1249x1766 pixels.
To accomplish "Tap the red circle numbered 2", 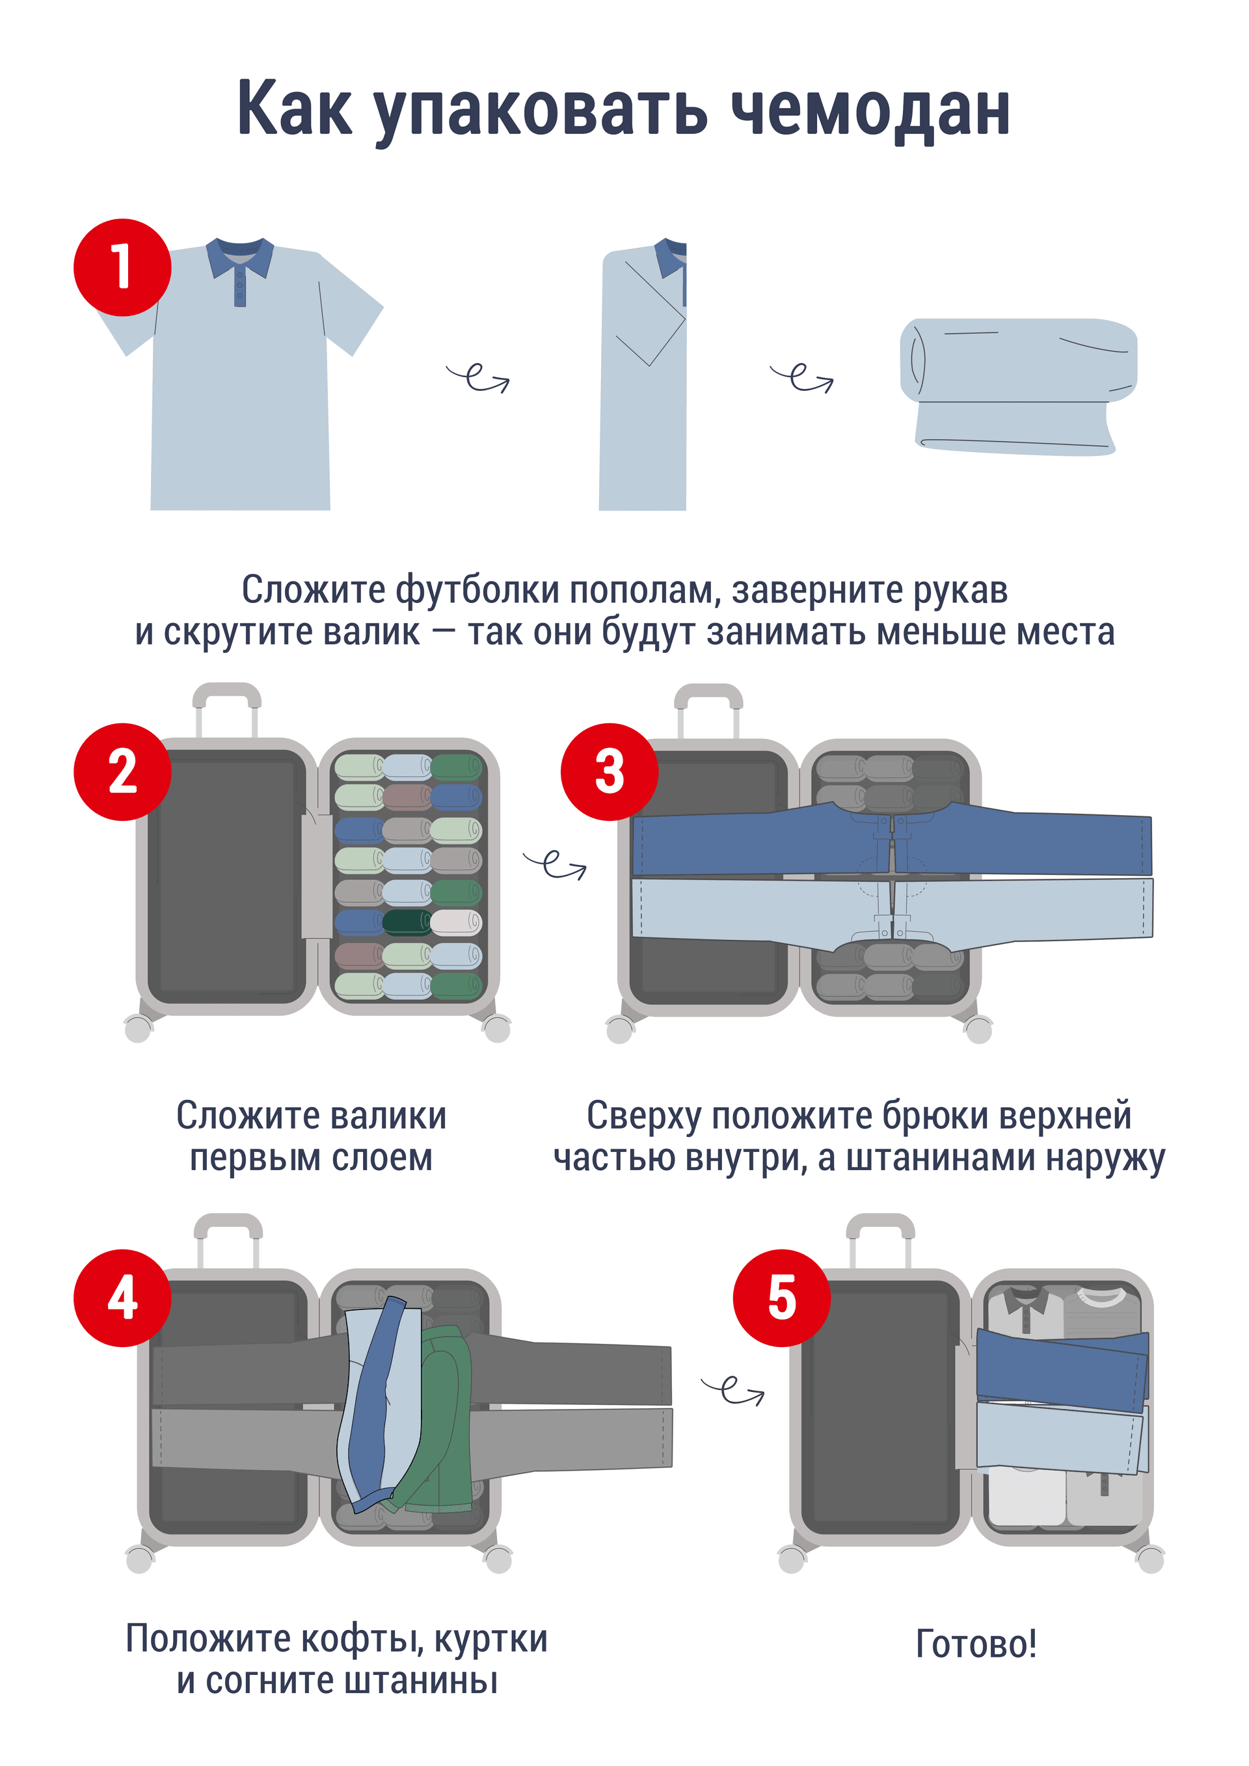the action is pyautogui.click(x=122, y=771).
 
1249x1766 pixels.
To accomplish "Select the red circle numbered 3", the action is pyautogui.click(x=609, y=771).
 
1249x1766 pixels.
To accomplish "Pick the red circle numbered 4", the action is pyautogui.click(x=122, y=1298).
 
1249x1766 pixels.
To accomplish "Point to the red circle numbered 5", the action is pyautogui.click(x=781, y=1298).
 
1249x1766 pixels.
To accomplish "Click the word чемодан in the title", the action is pyautogui.click(x=870, y=110).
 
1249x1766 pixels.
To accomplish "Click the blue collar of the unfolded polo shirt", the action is pyautogui.click(x=240, y=258).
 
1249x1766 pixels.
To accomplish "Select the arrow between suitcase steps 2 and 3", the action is pyautogui.click(x=554, y=864).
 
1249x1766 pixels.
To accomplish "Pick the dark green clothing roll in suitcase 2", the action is pyautogui.click(x=407, y=922).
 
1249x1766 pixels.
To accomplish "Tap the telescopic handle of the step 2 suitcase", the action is pyautogui.click(x=227, y=712).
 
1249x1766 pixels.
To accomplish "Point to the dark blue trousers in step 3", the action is pyautogui.click(x=892, y=840).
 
